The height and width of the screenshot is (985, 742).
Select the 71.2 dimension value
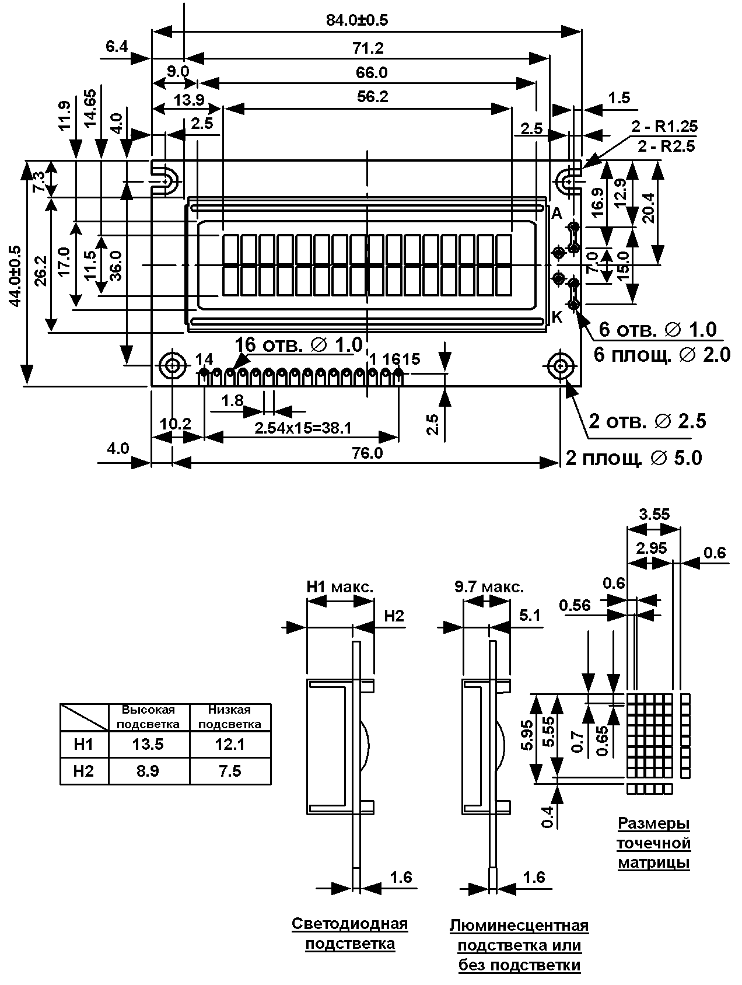coord(369,48)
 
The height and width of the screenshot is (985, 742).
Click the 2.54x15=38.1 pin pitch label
coord(303,429)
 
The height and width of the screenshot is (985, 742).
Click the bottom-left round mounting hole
coord(173,366)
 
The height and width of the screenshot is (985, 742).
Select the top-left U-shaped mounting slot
coord(165,177)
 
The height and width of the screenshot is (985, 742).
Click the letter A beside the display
coord(556,214)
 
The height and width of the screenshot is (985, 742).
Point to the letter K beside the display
coord(556,317)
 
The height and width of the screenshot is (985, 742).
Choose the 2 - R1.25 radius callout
coord(664,127)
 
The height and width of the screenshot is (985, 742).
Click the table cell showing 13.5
coord(148,745)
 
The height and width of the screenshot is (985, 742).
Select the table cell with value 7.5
coord(230,771)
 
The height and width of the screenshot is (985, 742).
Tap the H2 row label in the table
coord(84,771)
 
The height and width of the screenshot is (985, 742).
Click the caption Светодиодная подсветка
coord(350,934)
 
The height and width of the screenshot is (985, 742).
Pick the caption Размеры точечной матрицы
coord(654,843)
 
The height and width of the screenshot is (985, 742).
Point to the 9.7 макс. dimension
coord(489,586)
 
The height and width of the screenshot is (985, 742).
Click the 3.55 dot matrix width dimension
coord(654,515)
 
